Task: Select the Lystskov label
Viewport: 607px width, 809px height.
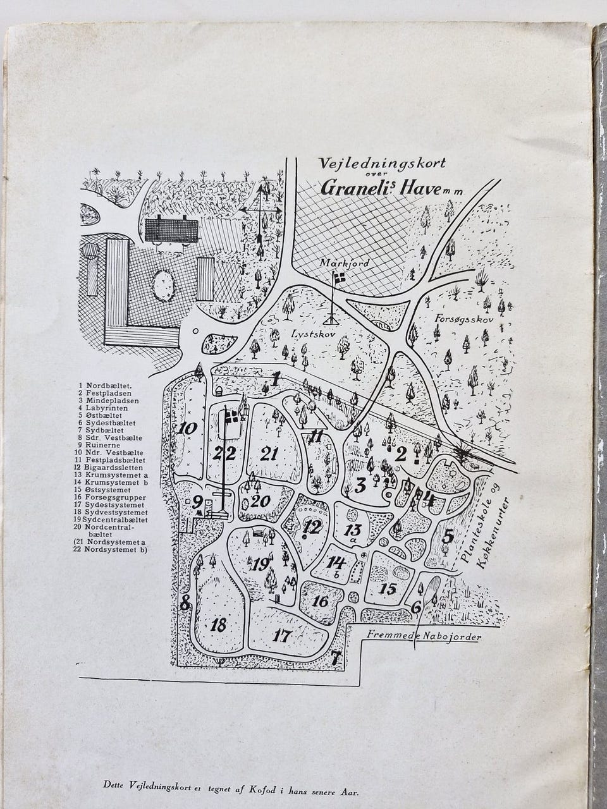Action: click(306, 332)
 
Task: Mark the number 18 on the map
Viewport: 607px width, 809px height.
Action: click(219, 625)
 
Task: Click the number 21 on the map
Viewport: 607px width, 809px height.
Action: click(269, 453)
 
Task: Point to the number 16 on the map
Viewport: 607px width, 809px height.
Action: click(321, 600)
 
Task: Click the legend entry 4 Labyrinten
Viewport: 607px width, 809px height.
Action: click(102, 408)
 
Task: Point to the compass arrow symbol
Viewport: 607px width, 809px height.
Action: click(259, 212)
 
